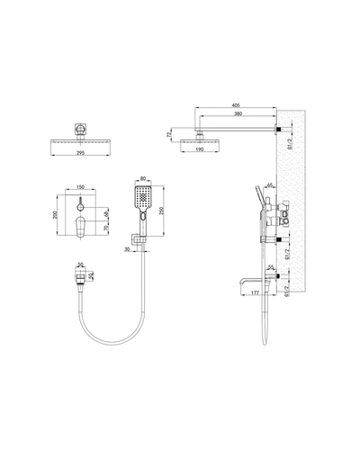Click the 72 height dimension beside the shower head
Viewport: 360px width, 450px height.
[167, 135]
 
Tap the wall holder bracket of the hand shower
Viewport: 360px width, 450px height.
[139, 239]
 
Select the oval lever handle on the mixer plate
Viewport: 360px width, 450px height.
[83, 229]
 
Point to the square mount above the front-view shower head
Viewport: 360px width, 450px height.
[83, 130]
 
